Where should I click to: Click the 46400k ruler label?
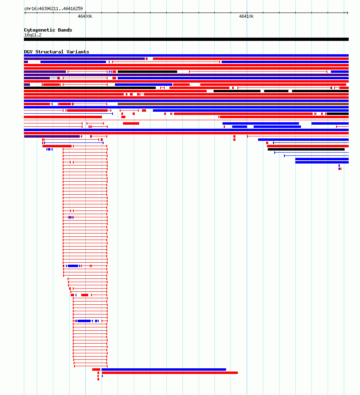pyautogui.click(x=85, y=16)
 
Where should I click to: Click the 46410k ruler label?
pyautogui.click(x=246, y=16)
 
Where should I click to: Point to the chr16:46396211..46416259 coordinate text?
pyautogui.click(x=53, y=8)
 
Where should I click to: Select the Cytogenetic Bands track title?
pyautogui.click(x=48, y=30)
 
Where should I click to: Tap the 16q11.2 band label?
pyautogui.click(x=33, y=35)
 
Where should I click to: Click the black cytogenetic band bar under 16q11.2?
pyautogui.click(x=186, y=39)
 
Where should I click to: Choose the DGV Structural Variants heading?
pyautogui.click(x=57, y=52)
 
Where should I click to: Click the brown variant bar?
pyautogui.click(x=233, y=104)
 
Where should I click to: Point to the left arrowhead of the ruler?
pyautogui.click(x=25, y=13)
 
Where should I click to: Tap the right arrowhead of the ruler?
pyautogui.click(x=348, y=13)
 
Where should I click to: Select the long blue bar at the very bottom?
pyautogui.click(x=164, y=370)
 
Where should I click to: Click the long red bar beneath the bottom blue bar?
pyautogui.click(x=169, y=373)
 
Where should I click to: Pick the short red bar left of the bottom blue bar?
pyautogui.click(x=96, y=370)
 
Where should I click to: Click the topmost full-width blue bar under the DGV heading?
pyautogui.click(x=186, y=55)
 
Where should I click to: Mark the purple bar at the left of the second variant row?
pyautogui.click(x=84, y=59)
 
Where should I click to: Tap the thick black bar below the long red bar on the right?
pyautogui.click(x=306, y=149)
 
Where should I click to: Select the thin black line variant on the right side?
pyautogui.click(x=311, y=143)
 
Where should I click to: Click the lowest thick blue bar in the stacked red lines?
pyautogui.click(x=84, y=321)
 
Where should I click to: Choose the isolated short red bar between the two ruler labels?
pyautogui.click(x=131, y=123)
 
